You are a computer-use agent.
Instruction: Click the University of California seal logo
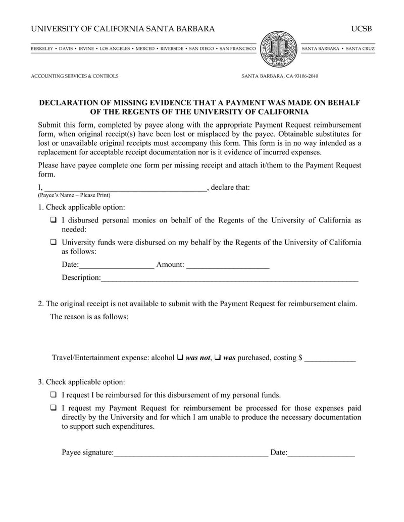pyautogui.click(x=279, y=49)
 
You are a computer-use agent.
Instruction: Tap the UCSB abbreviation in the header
pyautogui.click(x=361, y=29)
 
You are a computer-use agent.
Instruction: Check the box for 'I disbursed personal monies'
pyautogui.click(x=54, y=220)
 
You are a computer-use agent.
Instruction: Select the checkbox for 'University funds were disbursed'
pyautogui.click(x=54, y=242)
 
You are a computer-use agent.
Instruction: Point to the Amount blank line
pyautogui.click(x=228, y=265)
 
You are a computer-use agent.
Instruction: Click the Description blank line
pyautogui.click(x=229, y=278)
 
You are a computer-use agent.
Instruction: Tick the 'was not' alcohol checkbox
pyautogui.click(x=180, y=358)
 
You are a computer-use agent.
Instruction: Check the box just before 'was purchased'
pyautogui.click(x=217, y=358)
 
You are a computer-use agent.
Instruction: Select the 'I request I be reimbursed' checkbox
pyautogui.click(x=54, y=395)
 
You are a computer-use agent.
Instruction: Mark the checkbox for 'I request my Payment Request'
pyautogui.click(x=54, y=408)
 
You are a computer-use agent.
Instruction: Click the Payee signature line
pyautogui.click(x=191, y=453)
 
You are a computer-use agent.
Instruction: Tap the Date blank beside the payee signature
pyautogui.click(x=321, y=453)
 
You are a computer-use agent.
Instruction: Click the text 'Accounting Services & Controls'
pyautogui.click(x=75, y=76)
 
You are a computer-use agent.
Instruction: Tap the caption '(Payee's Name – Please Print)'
pyautogui.click(x=74, y=195)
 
